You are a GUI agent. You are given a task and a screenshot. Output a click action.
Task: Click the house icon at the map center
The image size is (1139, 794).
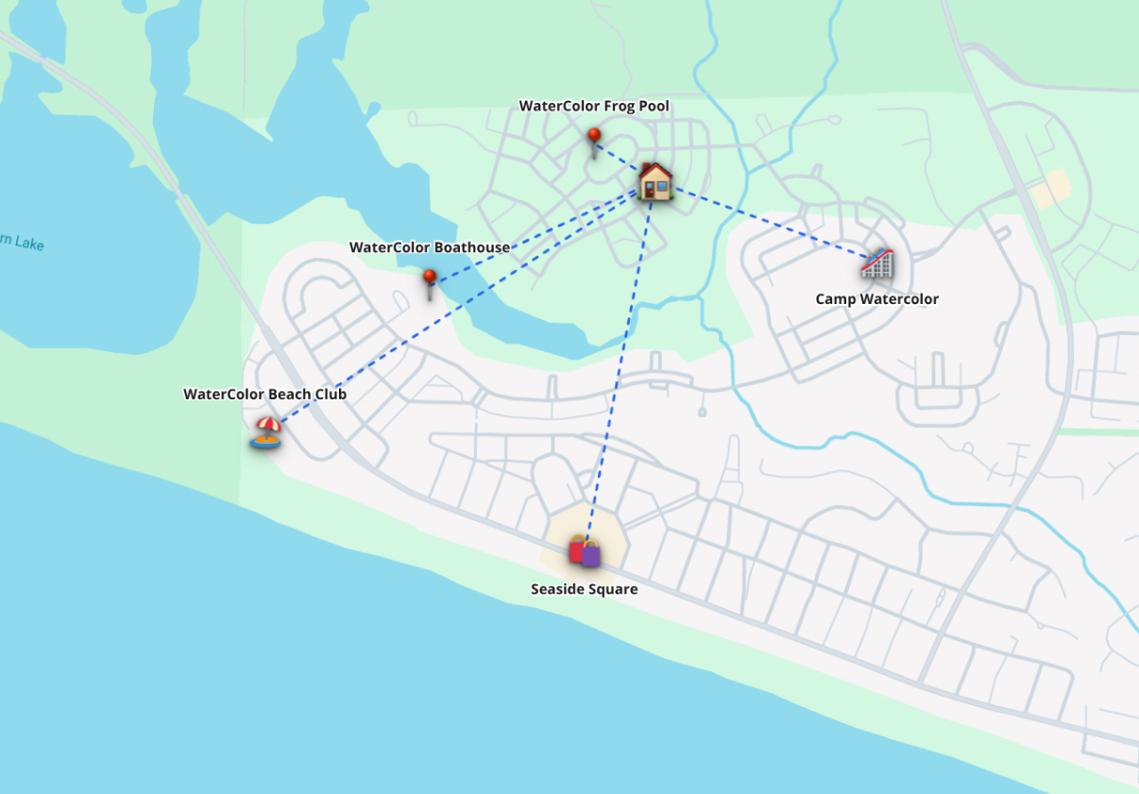click(x=654, y=180)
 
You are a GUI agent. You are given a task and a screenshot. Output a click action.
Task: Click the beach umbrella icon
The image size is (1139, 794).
click(x=266, y=431)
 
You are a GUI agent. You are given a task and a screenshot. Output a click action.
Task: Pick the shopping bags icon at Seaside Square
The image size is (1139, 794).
click(x=585, y=550)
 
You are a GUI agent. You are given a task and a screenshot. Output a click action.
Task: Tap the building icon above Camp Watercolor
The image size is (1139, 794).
click(x=877, y=263)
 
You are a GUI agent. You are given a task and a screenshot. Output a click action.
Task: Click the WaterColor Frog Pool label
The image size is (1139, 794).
click(x=594, y=106)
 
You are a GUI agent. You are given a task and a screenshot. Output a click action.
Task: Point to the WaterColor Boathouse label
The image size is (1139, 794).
click(x=430, y=247)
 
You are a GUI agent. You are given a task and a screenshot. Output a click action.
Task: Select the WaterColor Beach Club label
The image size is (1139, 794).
click(x=264, y=394)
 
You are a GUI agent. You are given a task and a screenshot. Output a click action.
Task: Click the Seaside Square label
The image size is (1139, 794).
click(x=584, y=589)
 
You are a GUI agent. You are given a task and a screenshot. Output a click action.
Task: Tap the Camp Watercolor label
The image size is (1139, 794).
click(x=876, y=299)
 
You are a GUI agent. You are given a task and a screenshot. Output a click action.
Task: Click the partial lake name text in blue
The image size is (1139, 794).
click(x=21, y=244)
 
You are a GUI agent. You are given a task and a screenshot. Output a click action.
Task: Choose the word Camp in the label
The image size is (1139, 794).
click(x=835, y=299)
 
